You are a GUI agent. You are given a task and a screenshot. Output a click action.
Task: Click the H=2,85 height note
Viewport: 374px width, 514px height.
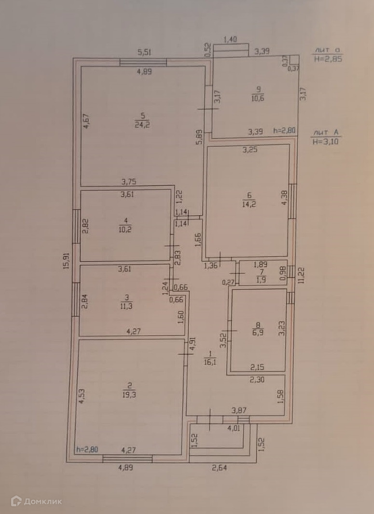(x=328, y=59)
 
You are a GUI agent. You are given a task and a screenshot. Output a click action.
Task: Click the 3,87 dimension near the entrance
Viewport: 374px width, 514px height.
(x=239, y=410)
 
